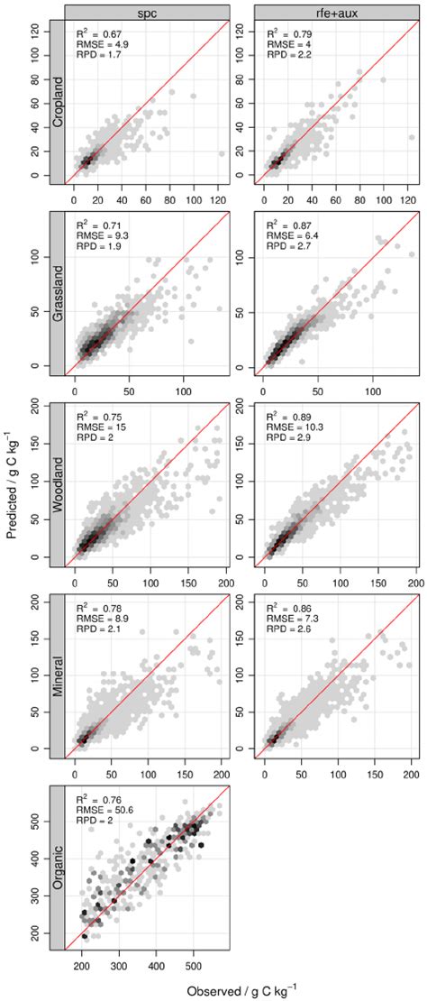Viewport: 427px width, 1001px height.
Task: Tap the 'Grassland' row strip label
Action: pos(55,293)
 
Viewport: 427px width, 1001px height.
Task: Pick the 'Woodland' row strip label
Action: pos(55,484)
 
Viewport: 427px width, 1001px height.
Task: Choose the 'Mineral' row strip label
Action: pos(55,676)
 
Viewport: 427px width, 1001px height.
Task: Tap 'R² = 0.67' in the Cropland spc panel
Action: pos(97,32)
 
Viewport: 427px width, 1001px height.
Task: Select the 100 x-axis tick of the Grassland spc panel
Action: pos(184,381)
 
